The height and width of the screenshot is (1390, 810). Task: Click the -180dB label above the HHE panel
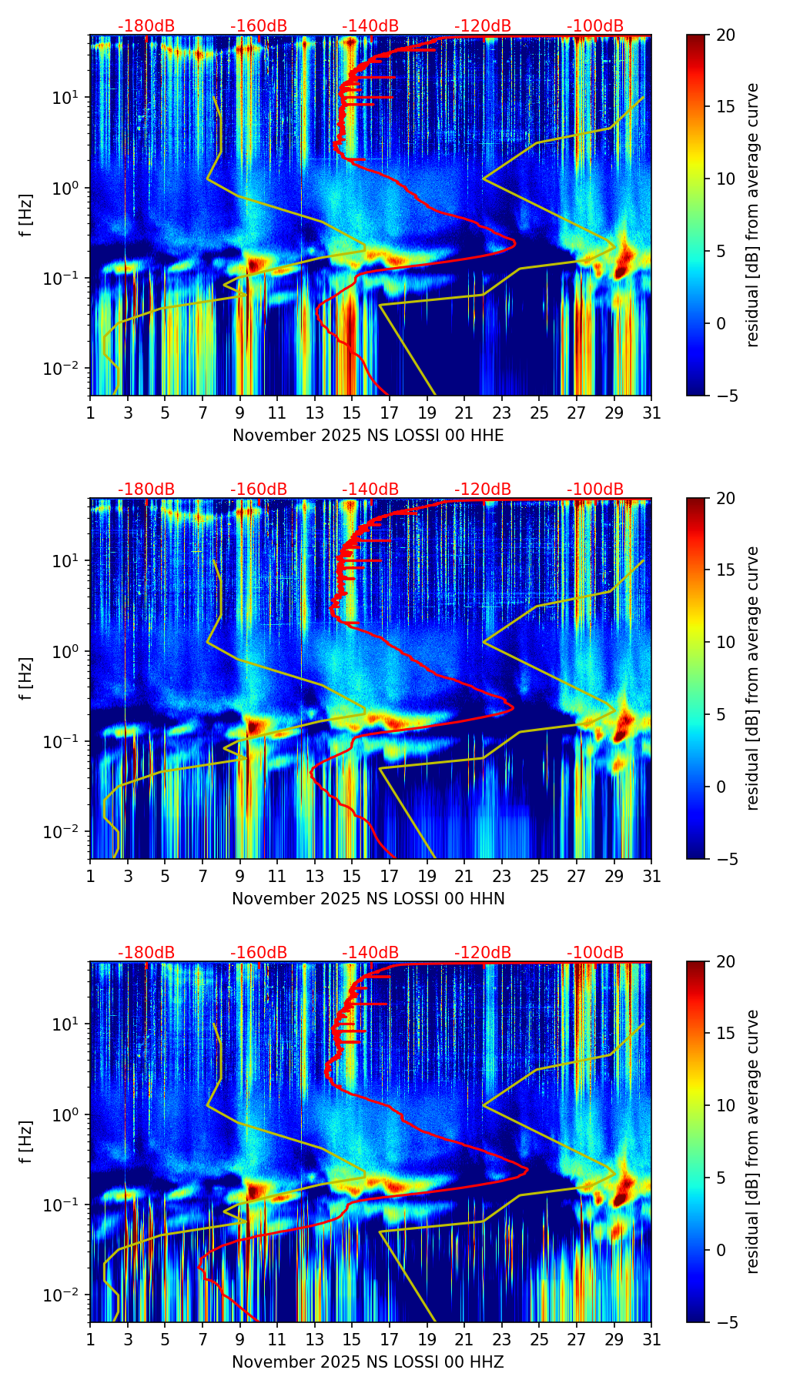point(146,26)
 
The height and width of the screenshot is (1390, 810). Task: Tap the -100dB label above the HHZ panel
point(595,953)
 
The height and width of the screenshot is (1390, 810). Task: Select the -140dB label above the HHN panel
point(370,490)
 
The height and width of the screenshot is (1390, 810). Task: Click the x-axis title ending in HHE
point(368,436)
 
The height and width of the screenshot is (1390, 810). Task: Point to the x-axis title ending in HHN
point(368,899)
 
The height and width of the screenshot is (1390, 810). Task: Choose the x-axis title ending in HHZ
point(368,1362)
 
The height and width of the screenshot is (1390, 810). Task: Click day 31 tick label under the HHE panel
point(651,413)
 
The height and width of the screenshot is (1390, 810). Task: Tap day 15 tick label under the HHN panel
point(352,877)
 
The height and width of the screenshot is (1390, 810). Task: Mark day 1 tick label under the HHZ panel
point(91,1340)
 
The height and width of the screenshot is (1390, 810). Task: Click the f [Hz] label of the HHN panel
point(26,678)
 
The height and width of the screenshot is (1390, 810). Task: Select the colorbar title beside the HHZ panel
point(752,1141)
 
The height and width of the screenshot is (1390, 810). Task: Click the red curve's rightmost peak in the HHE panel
point(514,244)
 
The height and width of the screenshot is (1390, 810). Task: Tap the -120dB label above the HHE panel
point(483,26)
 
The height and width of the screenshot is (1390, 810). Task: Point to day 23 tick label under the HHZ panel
point(502,1340)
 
